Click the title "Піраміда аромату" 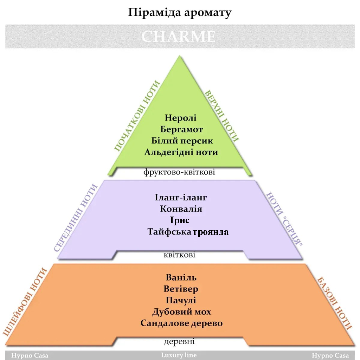(x=180, y=13)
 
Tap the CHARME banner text (x=179, y=37)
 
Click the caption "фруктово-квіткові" (x=179, y=172)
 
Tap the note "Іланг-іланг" (x=181, y=198)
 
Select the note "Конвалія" (x=181, y=209)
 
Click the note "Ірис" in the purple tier (x=180, y=220)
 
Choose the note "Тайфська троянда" (x=188, y=232)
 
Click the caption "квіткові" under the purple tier (x=180, y=255)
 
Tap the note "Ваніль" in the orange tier (x=181, y=277)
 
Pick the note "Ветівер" (x=181, y=289)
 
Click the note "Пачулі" (x=181, y=300)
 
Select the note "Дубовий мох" (x=182, y=312)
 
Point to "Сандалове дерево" (x=182, y=323)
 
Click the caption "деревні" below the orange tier (x=179, y=342)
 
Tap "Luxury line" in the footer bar (x=179, y=355)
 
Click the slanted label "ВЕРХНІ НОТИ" (x=222, y=116)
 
